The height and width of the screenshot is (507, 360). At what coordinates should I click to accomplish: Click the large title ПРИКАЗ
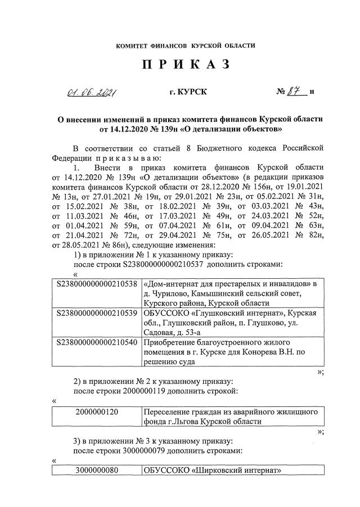click(x=186, y=65)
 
